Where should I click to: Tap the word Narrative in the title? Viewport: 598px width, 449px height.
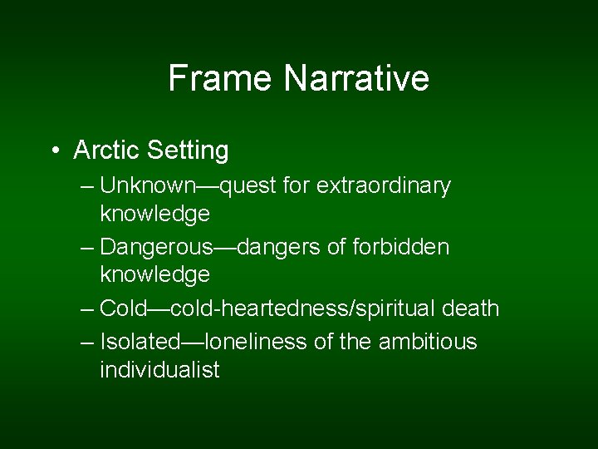pyautogui.click(x=356, y=78)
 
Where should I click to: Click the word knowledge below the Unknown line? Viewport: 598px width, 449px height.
pyautogui.click(x=154, y=215)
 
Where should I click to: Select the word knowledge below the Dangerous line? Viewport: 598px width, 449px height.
pyautogui.click(x=154, y=274)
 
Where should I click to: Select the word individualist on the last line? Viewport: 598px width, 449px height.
pyautogui.click(x=159, y=370)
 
